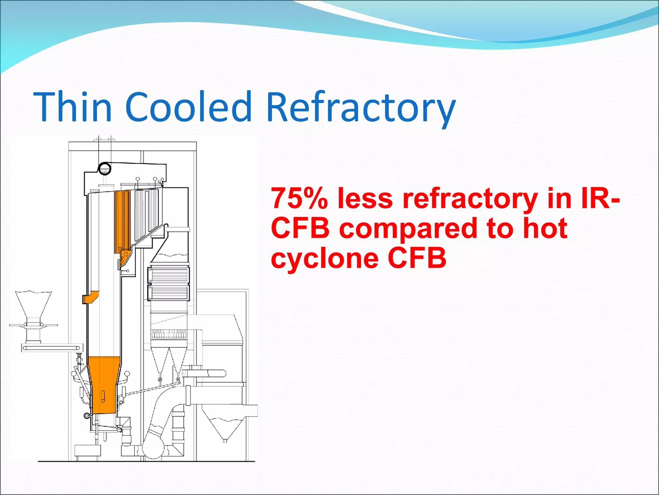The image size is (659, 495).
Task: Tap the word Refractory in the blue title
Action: pyautogui.click(x=361, y=108)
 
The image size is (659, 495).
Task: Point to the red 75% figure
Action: pyautogui.click(x=299, y=198)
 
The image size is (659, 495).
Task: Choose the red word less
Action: pyautogui.click(x=365, y=198)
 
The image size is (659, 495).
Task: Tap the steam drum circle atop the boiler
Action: pyautogui.click(x=104, y=168)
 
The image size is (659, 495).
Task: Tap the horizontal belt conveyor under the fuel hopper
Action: pyautogui.click(x=51, y=348)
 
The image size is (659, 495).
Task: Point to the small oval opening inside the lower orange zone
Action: pyautogui.click(x=103, y=396)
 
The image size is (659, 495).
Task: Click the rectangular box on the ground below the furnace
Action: pyautogui.click(x=88, y=450)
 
